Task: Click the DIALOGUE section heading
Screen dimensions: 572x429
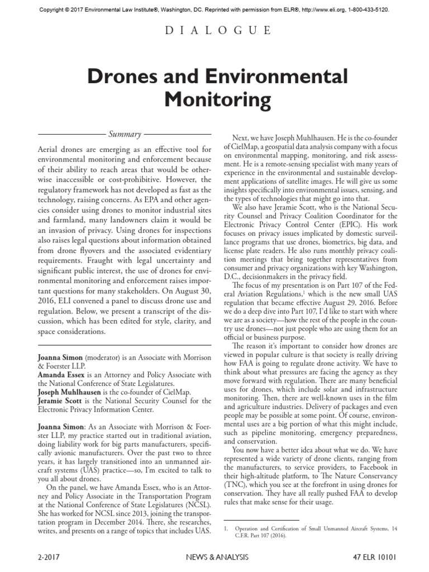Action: tap(214, 31)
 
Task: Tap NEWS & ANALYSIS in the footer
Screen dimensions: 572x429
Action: tap(214, 556)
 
